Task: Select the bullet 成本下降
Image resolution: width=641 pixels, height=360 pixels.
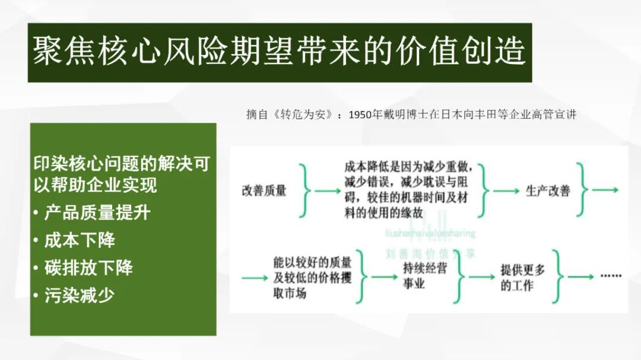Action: [80, 240]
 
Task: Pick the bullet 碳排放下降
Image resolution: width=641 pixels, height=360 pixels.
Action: [88, 267]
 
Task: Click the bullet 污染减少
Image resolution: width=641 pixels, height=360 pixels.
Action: [80, 295]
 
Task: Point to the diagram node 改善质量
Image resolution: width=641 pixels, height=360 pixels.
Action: [264, 191]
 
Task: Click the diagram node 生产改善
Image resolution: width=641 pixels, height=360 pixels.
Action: [548, 191]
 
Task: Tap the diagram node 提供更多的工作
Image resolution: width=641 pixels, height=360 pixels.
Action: [523, 278]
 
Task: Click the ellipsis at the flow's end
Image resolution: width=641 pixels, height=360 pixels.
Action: [610, 276]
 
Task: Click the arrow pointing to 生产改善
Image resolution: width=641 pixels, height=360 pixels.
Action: [506, 191]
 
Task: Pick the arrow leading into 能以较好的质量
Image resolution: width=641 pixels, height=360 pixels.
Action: [255, 277]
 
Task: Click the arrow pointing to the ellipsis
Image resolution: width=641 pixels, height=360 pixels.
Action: [580, 277]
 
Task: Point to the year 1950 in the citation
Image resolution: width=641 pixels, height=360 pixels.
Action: [361, 115]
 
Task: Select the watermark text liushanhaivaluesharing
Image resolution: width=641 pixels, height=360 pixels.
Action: [430, 234]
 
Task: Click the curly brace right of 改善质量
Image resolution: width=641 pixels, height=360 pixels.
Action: [306, 191]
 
